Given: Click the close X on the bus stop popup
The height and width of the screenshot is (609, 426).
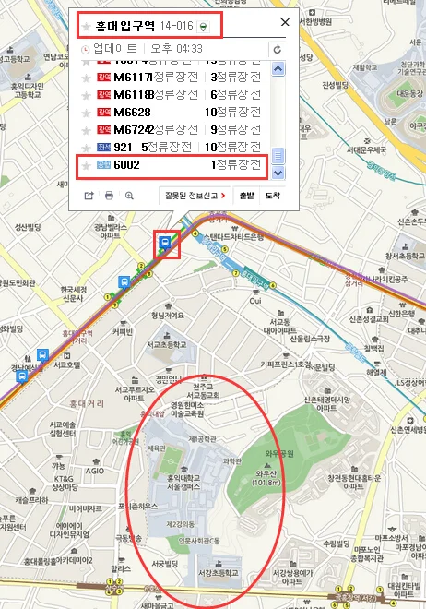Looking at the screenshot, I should pyautogui.click(x=284, y=23).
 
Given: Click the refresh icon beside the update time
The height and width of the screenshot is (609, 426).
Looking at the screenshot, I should pyautogui.click(x=276, y=48).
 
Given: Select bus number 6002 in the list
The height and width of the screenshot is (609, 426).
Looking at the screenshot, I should pyautogui.click(x=125, y=165).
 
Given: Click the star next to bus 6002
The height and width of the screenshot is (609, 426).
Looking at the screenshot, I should pyautogui.click(x=87, y=166).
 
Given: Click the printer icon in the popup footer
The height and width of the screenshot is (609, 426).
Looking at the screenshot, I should pyautogui.click(x=109, y=196).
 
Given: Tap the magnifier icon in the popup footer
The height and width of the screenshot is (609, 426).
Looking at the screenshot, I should pyautogui.click(x=129, y=196).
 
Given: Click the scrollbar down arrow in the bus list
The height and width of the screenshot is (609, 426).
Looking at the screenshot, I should pyautogui.click(x=279, y=173).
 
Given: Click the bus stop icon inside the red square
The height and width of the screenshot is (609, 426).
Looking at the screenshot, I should pyautogui.click(x=165, y=244).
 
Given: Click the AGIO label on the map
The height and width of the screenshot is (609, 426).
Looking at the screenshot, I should pyautogui.click(x=96, y=471).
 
